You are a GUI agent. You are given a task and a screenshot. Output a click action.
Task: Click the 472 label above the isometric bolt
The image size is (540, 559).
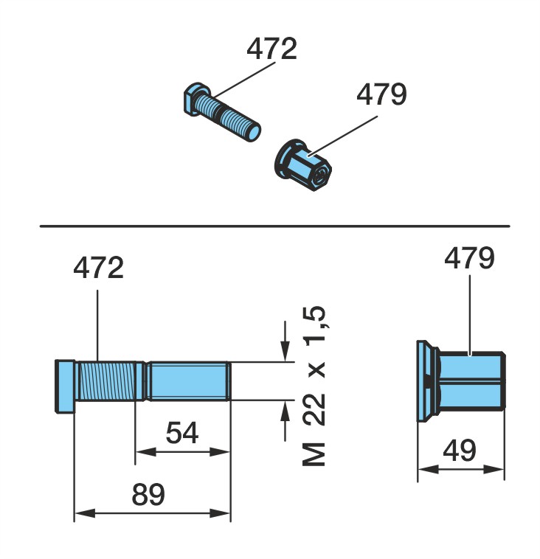(271, 49)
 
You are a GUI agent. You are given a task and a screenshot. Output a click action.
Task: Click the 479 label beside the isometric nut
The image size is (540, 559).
(381, 94)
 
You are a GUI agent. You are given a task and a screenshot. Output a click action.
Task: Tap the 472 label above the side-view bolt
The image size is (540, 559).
(98, 268)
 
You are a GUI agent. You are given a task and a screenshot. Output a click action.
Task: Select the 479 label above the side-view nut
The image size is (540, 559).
(469, 258)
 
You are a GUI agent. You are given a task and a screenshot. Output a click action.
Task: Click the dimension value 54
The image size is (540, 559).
(182, 433)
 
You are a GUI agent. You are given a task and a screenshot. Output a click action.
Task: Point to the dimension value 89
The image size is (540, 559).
(148, 494)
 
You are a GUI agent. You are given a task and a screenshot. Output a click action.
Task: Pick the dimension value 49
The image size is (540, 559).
(460, 450)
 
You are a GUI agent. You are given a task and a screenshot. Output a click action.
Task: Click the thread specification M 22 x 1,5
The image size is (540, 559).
(314, 386)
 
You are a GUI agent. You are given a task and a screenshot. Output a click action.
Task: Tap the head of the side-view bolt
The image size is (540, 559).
(65, 386)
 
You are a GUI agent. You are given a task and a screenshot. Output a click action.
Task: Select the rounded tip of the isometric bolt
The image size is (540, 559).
(253, 133)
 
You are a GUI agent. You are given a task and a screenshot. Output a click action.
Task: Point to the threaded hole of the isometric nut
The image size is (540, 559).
(321, 175)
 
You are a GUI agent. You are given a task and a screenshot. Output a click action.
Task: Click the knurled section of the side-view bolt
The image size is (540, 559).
(105, 381)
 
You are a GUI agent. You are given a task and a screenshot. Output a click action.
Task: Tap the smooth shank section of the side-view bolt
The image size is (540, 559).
(188, 381)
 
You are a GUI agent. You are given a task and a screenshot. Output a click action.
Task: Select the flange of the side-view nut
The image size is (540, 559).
(426, 381)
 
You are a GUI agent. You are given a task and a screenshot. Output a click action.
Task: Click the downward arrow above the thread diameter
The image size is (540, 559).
(285, 341)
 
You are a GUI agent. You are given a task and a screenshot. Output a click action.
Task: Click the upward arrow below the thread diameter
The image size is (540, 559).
(285, 421)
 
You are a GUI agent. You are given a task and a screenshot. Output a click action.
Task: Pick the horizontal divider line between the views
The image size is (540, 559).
(274, 226)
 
